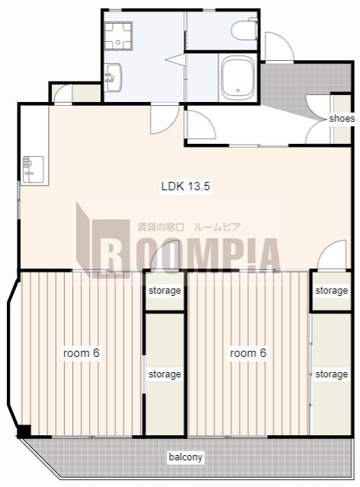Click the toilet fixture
245,29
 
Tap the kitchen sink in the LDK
33,169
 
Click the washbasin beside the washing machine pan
113,78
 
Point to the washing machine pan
118,36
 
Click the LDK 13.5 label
186,186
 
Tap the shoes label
342,119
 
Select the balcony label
186,457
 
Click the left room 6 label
81,353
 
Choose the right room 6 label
248,353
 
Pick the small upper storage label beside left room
164,291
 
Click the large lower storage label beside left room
164,374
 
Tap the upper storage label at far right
331,291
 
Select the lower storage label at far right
331,374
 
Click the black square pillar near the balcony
24,431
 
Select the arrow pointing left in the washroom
175,59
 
